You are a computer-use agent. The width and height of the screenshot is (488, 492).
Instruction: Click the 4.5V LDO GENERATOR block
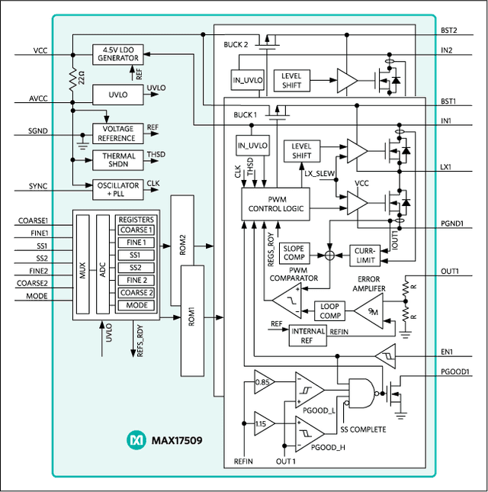(x=117, y=54)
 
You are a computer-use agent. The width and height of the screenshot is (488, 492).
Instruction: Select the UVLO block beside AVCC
(x=117, y=94)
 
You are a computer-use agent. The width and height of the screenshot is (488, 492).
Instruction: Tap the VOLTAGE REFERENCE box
(x=117, y=133)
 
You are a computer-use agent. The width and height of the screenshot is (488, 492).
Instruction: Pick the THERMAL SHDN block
(x=117, y=159)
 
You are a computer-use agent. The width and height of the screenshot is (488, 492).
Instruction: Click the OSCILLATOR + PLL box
(x=117, y=187)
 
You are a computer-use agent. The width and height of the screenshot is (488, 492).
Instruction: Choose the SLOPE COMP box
(x=294, y=253)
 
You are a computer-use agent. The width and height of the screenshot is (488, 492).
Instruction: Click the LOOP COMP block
(x=329, y=310)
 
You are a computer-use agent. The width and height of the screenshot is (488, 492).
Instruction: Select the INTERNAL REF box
(x=309, y=335)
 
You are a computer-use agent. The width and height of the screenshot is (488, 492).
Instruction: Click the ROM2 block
(x=182, y=244)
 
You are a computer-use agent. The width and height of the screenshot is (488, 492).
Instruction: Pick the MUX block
(x=82, y=262)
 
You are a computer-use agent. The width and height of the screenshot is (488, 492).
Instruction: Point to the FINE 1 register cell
(x=136, y=243)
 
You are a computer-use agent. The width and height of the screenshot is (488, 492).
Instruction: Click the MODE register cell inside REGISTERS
(x=136, y=306)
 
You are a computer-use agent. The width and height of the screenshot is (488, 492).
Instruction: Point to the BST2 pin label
(x=448, y=31)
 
